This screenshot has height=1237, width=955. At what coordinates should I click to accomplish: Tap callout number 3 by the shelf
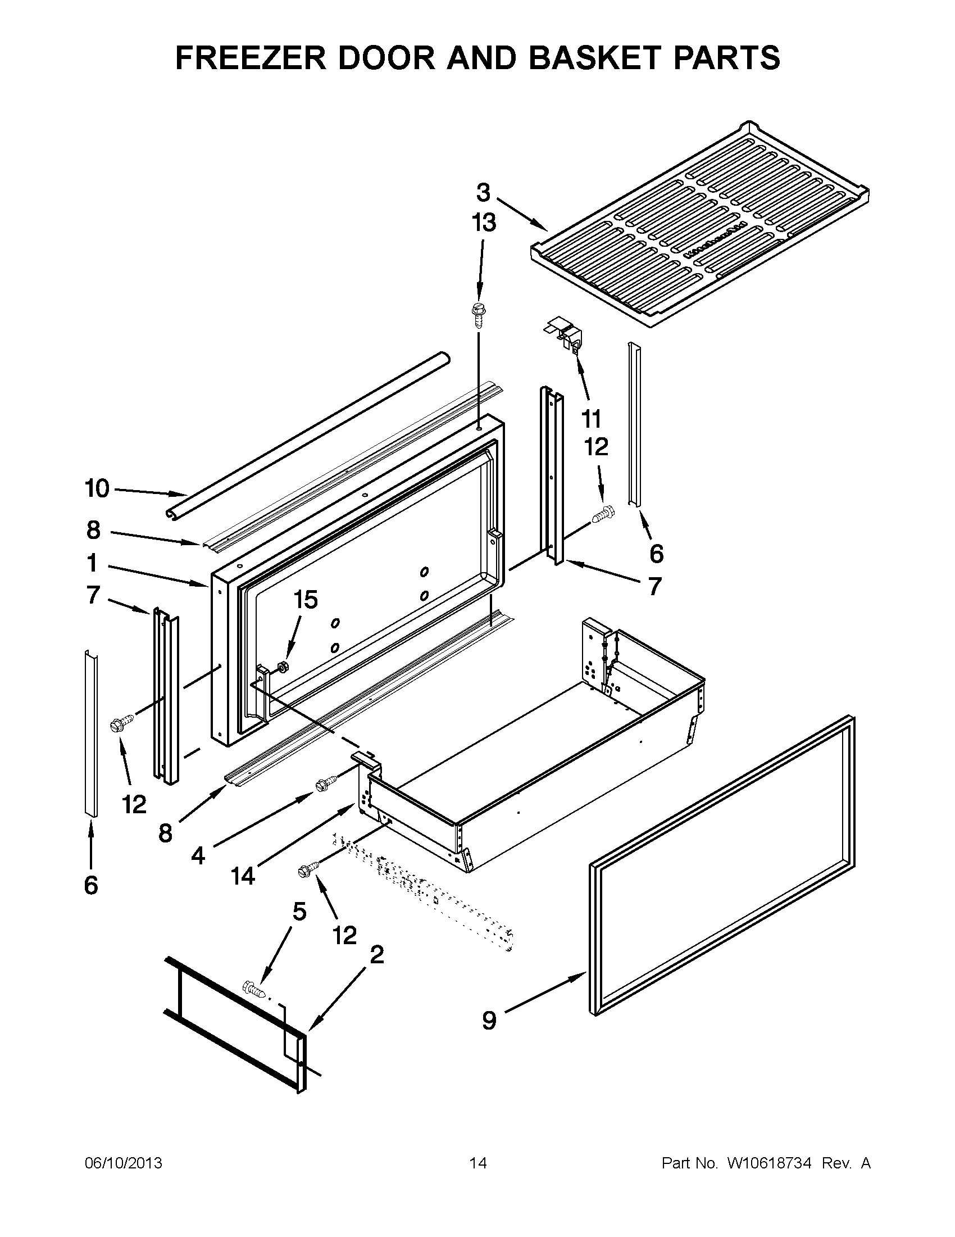pos(483,193)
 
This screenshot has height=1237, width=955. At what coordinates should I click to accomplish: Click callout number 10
pos(97,488)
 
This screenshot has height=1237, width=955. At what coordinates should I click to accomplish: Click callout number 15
pos(305,600)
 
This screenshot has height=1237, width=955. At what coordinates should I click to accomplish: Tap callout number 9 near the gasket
pos(489,1021)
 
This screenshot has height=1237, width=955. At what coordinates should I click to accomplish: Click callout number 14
pos(243,877)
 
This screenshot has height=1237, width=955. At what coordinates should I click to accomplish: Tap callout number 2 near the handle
pos(376,955)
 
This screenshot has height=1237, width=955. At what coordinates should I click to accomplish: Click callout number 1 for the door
pos(92,564)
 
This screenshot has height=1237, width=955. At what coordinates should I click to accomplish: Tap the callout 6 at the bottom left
pos(91,885)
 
